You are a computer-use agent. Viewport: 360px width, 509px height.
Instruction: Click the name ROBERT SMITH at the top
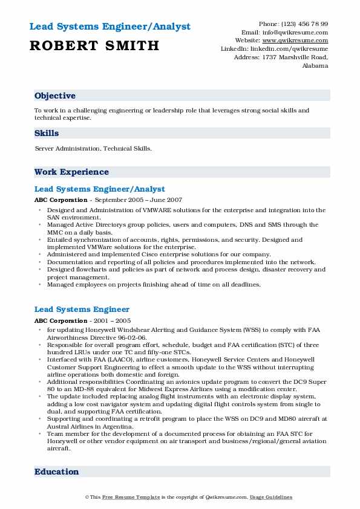point(94,45)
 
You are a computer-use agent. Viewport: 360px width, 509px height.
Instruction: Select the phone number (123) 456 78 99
point(305,24)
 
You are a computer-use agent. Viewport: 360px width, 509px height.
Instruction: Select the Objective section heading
point(55,96)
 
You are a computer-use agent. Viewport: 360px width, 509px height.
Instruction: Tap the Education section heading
point(57,472)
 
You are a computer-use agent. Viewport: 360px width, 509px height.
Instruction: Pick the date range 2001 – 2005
point(111,320)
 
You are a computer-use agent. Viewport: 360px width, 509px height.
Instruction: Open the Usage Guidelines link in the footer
point(272,497)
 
